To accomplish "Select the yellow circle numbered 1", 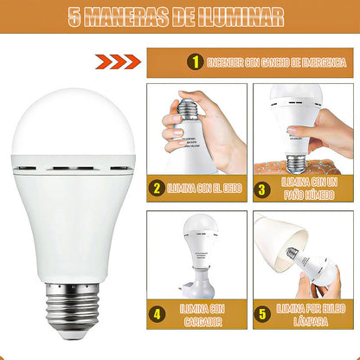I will (x=195, y=62).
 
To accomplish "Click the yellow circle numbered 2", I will (x=157, y=188).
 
